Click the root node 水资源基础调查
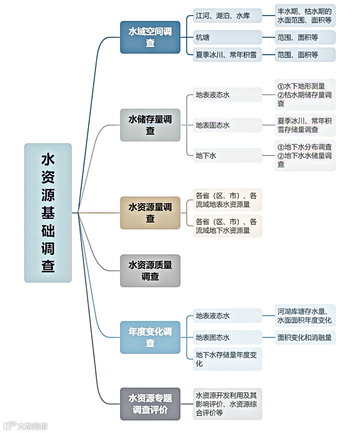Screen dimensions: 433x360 coord(48,213)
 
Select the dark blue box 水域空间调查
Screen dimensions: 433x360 coord(150,37)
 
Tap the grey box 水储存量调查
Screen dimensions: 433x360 coord(150,125)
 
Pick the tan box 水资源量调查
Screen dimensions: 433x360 coord(150,213)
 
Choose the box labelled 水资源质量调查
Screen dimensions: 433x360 coord(150,270)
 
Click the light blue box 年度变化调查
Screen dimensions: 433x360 coord(150,337)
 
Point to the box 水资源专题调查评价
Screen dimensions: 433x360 coord(150,403)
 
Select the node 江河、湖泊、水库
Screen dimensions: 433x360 coord(227,16)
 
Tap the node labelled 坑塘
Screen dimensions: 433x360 coord(227,37)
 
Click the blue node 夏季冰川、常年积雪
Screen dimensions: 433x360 coord(227,54)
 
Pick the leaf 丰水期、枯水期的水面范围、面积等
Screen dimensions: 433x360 coord(305,16)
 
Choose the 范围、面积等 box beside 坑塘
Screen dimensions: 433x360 coord(305,37)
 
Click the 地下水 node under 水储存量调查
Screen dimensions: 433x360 coord(227,156)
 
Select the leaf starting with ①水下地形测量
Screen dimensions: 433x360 coord(305,95)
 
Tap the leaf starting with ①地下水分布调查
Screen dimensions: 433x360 coord(305,156)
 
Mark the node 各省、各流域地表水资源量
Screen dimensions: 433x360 coord(227,200)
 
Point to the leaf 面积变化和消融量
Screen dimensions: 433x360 coord(305,337)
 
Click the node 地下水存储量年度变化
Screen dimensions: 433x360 coord(227,359)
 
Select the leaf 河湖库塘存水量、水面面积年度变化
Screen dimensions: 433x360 coord(305,316)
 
